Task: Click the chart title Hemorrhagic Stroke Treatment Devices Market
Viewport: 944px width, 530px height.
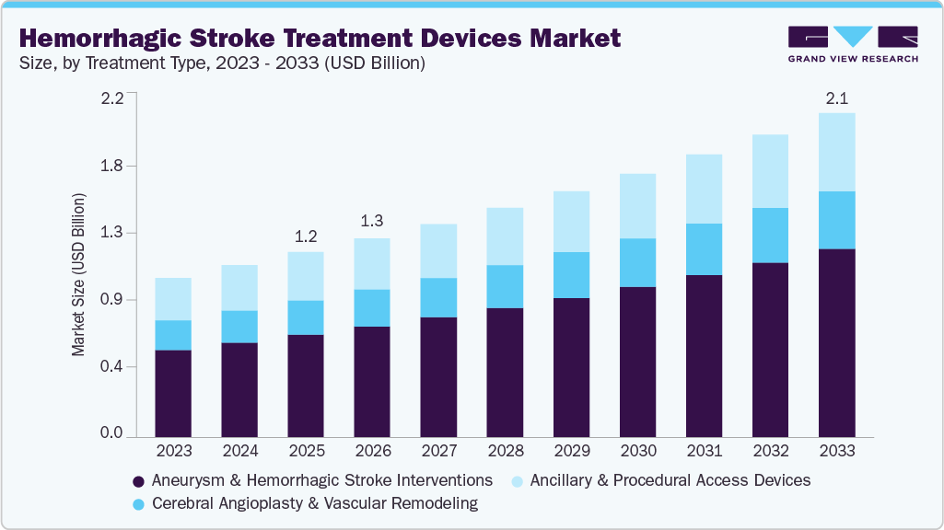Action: pos(319,38)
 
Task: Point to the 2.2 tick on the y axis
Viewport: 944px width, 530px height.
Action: pos(111,98)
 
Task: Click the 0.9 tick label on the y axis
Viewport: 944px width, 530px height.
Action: pos(111,300)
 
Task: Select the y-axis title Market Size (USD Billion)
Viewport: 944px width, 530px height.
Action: pos(79,276)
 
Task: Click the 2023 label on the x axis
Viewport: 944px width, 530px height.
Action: pos(173,452)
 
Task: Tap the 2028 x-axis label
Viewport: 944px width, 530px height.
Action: pos(505,452)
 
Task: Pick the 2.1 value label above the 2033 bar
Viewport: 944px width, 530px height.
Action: pos(836,98)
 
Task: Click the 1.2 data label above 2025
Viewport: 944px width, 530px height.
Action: pos(306,236)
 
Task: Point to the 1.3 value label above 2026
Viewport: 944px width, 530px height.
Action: pos(372,223)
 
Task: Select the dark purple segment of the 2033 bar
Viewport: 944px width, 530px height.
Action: pos(836,342)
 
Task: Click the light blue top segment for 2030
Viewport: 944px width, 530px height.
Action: pos(637,206)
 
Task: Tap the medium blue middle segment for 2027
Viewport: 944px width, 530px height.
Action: pos(438,297)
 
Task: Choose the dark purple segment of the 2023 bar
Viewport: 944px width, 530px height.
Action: pos(173,393)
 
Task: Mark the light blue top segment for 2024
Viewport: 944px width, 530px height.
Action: pos(239,288)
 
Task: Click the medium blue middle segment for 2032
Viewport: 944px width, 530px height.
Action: pos(770,236)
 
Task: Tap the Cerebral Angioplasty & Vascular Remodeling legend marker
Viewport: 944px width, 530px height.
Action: pos(139,503)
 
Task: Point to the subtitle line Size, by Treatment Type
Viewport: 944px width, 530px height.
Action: pos(221,63)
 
